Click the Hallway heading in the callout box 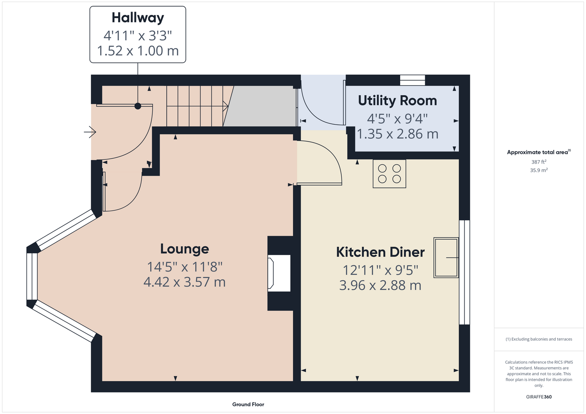(x=138, y=18)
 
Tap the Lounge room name (x=185, y=249)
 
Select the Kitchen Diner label (x=380, y=252)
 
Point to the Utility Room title (x=397, y=101)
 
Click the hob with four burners (x=389, y=174)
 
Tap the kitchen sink (x=446, y=257)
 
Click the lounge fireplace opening (x=279, y=273)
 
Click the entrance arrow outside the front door (x=90, y=132)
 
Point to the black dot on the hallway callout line (x=138, y=106)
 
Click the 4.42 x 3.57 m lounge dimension (x=185, y=282)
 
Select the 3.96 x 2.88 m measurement (x=380, y=285)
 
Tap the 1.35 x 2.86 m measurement (x=397, y=134)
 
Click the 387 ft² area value (x=539, y=162)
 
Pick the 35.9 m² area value (x=539, y=170)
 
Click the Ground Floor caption (x=248, y=404)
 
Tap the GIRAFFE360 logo (x=539, y=397)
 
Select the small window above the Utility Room (x=413, y=80)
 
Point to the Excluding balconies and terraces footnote (x=539, y=339)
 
